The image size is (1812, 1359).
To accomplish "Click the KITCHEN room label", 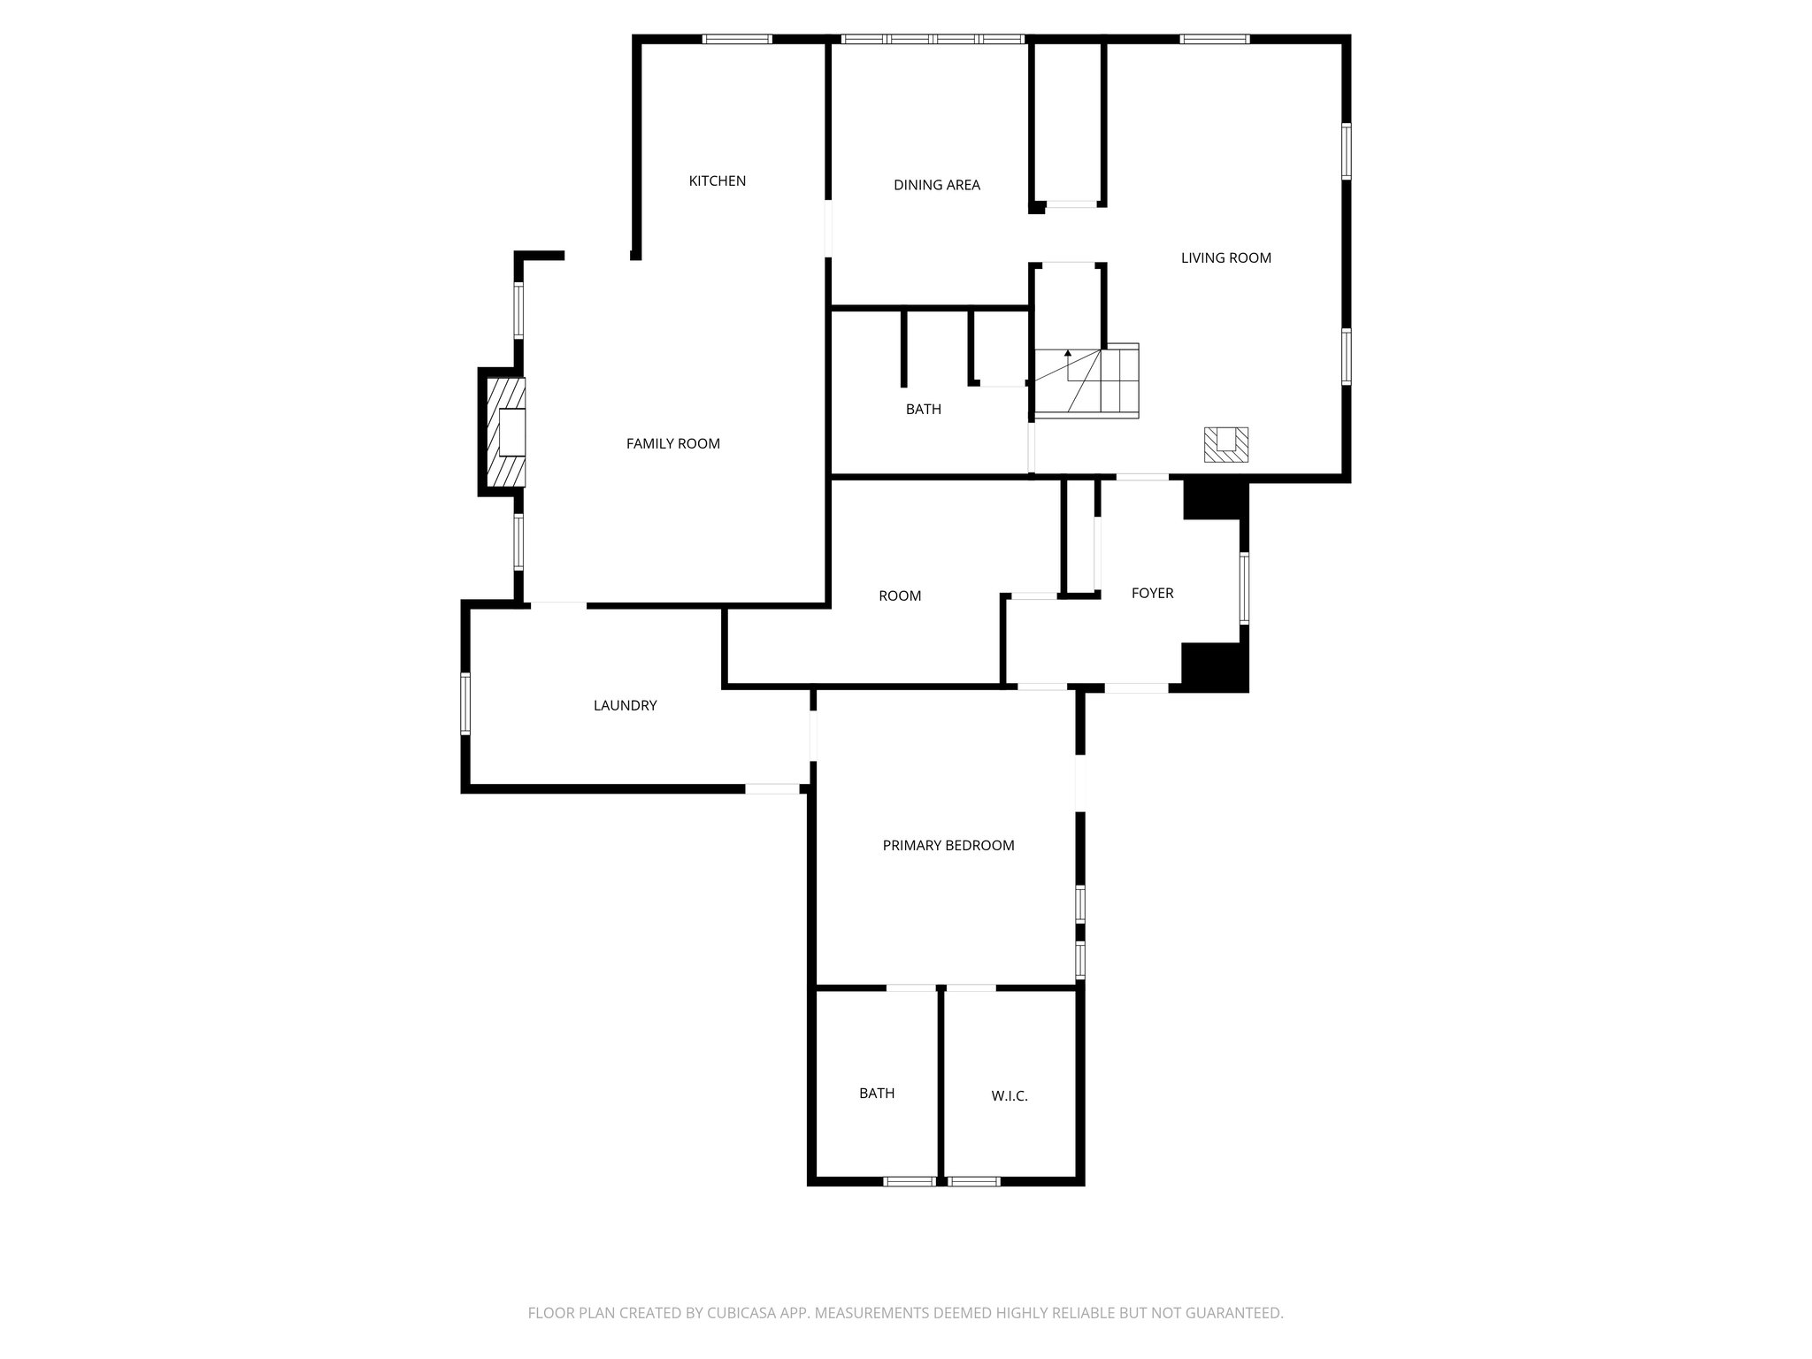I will coord(718,181).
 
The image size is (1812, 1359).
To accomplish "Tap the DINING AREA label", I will coord(936,186).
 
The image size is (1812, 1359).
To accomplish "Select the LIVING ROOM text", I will coord(1225,258).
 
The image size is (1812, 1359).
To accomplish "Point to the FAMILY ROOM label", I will coord(672,444).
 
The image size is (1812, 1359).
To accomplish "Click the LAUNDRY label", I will coord(625,706).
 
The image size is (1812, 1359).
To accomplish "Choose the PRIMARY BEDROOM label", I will coord(948,846).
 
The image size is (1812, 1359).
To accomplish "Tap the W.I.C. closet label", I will coord(1009,1096).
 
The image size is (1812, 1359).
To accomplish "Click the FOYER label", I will coord(1152,594).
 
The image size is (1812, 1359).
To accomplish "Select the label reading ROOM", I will coord(899,596).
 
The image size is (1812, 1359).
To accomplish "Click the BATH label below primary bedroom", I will coord(876,1094).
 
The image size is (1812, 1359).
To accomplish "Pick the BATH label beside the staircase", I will coord(923,410).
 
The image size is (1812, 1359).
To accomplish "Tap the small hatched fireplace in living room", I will coord(1225,444).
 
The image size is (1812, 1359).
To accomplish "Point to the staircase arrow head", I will coord(1068,353).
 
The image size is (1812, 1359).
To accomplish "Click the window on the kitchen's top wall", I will coord(737,39).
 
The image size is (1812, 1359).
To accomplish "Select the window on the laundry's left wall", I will coord(465,703).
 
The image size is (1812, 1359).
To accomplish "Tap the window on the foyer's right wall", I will coord(1244,588).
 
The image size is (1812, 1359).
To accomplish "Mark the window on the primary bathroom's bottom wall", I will coord(910,1180).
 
